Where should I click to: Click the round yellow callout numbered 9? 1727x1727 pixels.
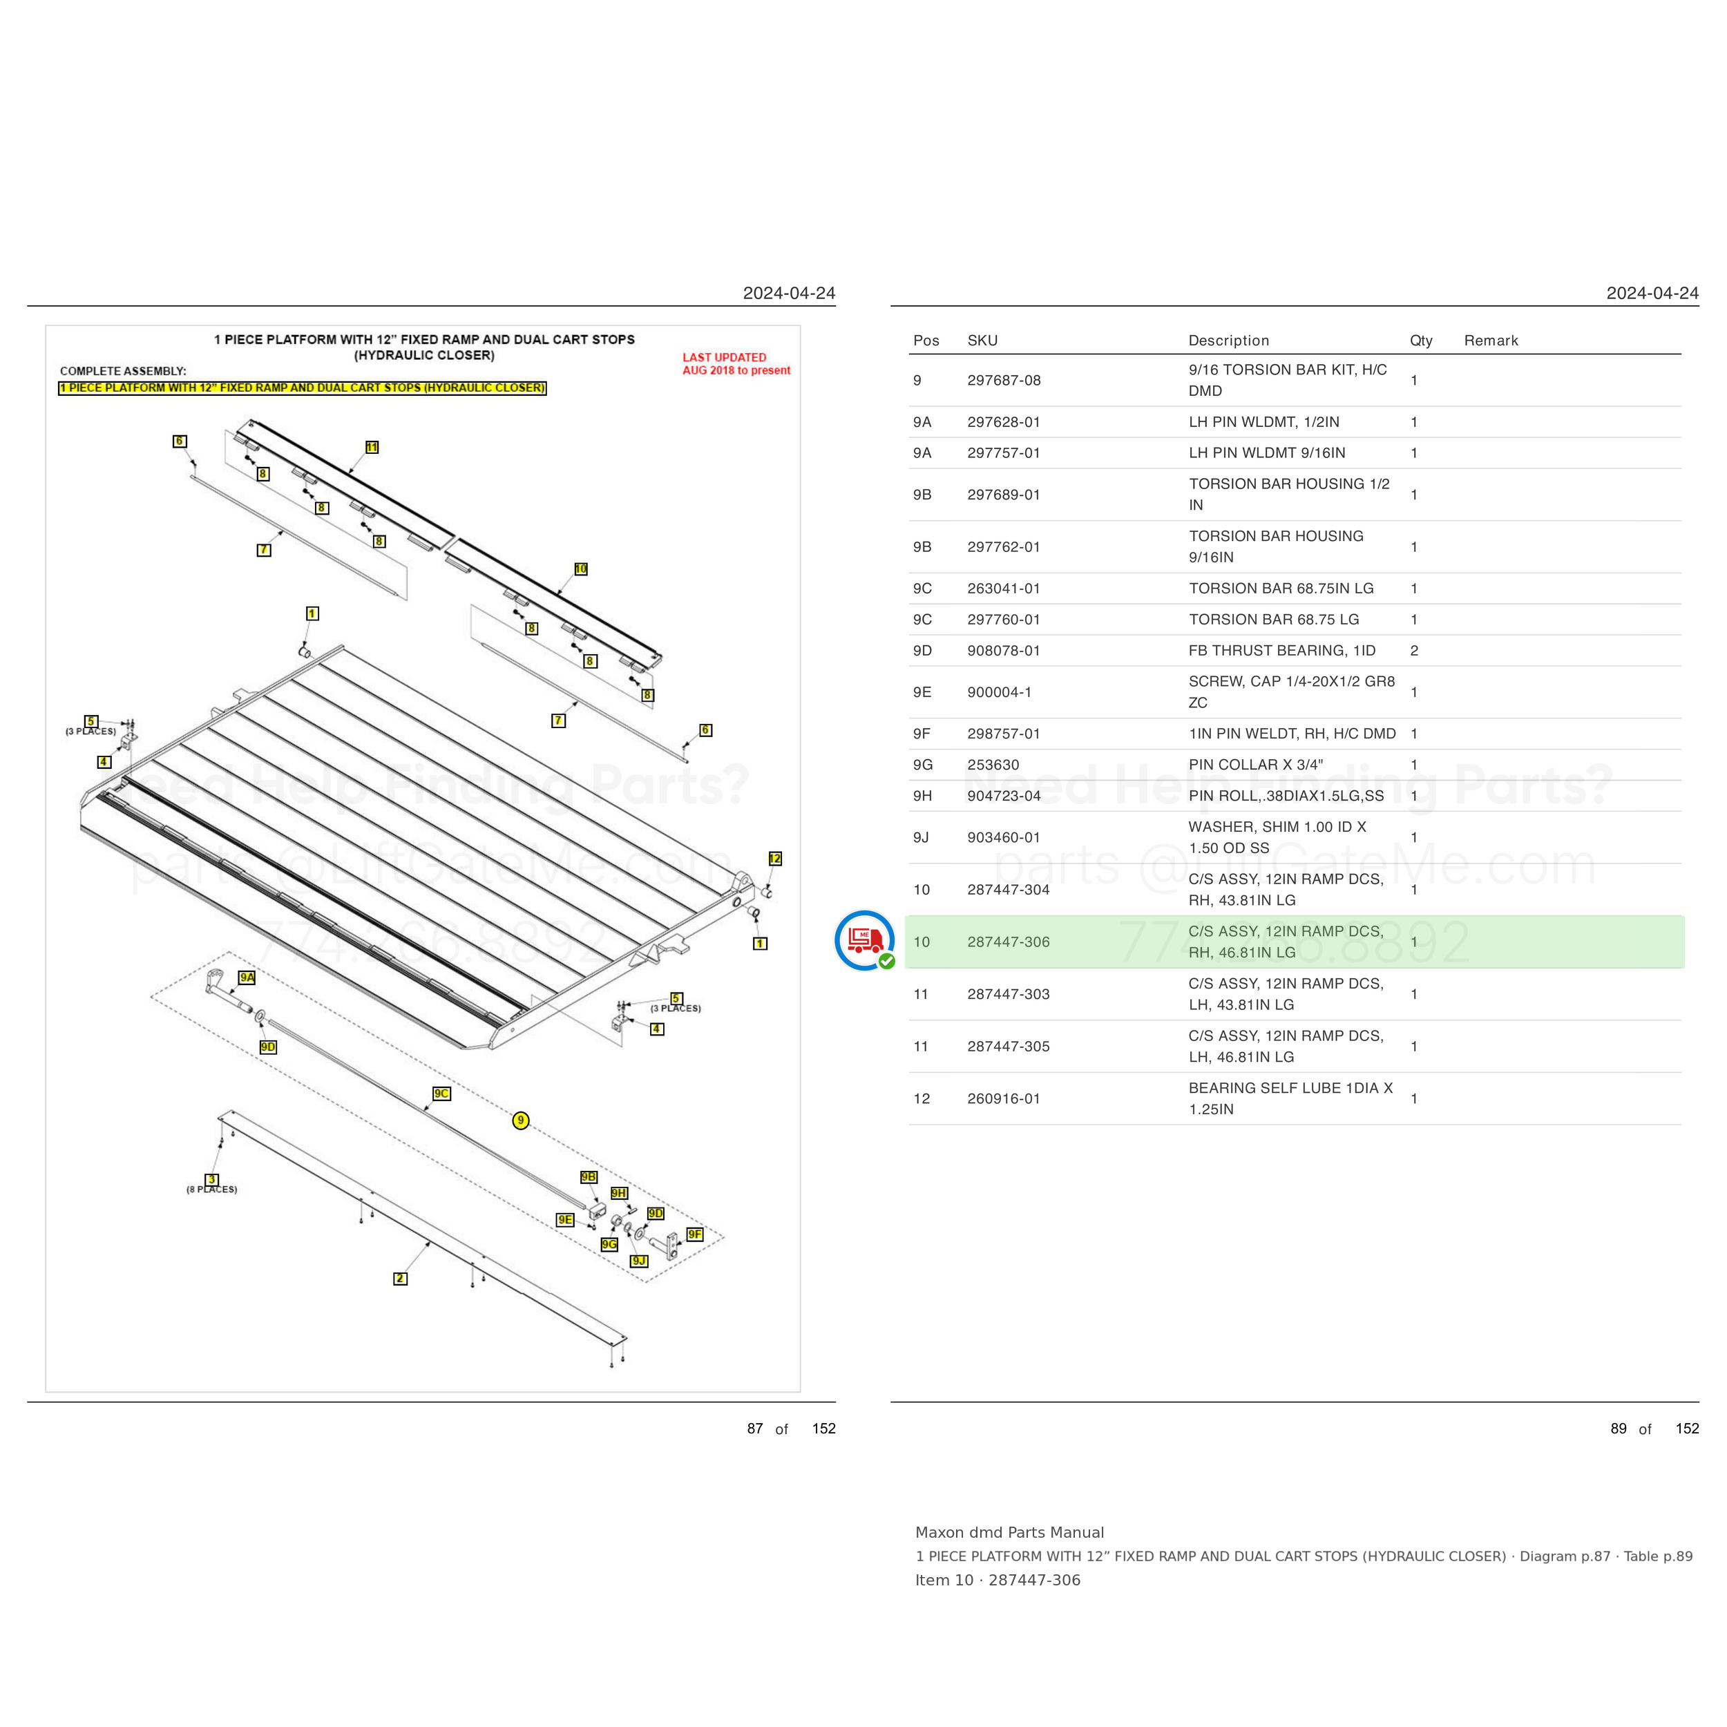pos(520,1120)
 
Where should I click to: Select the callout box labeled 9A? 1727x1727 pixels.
pos(247,977)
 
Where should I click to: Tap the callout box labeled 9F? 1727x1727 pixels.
pos(694,1234)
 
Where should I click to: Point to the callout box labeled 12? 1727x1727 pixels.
pos(775,858)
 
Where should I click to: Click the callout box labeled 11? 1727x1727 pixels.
pos(372,447)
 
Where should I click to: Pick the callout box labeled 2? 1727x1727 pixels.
pos(401,1278)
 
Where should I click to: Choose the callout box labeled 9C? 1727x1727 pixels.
pos(441,1094)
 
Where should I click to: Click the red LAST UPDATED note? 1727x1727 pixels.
pos(736,364)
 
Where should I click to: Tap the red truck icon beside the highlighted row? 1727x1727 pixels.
pos(864,939)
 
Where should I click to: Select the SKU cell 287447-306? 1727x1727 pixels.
pos(1009,942)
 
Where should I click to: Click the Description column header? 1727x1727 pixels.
pos(1228,341)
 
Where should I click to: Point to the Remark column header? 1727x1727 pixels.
pos(1490,341)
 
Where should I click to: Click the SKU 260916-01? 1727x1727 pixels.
pos(1004,1098)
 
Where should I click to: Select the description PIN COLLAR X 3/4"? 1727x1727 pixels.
pos(1255,764)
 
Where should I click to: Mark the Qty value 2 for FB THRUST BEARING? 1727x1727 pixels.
pos(1414,651)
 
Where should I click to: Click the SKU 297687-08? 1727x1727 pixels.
pos(1004,380)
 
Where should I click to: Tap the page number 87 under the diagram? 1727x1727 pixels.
pos(754,1429)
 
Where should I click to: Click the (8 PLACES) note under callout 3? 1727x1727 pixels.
pos(212,1189)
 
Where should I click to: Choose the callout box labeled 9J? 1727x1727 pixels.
pos(639,1261)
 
